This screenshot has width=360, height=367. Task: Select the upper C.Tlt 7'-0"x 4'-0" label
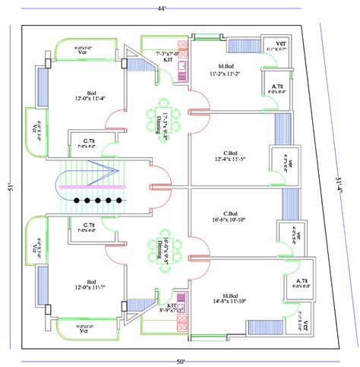(x=83, y=143)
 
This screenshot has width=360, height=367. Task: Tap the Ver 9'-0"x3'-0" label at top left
(x=83, y=52)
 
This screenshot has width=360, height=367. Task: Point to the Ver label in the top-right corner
(x=280, y=46)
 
